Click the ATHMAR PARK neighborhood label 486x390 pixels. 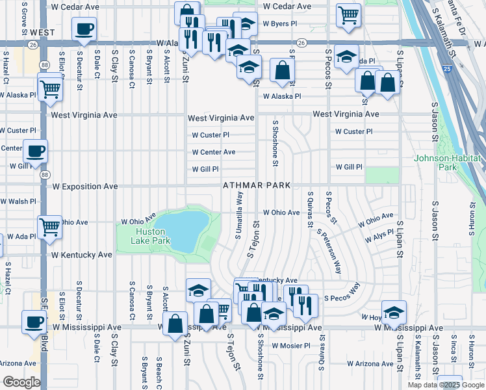point(256,186)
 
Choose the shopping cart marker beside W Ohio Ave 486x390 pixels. point(49,227)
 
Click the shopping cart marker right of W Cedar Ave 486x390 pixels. point(349,14)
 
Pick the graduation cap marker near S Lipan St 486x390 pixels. point(394,312)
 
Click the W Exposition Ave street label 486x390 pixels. point(85,187)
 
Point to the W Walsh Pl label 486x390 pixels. point(18,201)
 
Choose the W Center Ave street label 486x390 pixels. point(213,152)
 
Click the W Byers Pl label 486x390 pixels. point(279,23)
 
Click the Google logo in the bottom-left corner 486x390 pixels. point(21,382)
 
